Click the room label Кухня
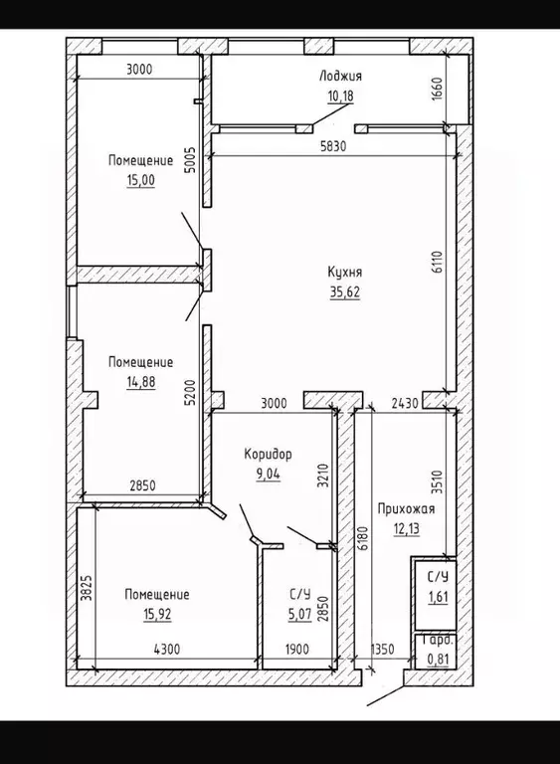[344, 272]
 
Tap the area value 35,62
[344, 292]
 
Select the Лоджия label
[341, 76]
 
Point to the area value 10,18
[340, 95]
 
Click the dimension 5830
[333, 145]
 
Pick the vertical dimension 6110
[437, 262]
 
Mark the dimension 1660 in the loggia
[437, 90]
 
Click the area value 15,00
[141, 180]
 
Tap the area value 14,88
[141, 382]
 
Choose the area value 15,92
[157, 615]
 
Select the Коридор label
[268, 454]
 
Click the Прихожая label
[406, 509]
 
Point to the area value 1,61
[438, 597]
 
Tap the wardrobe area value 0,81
[438, 660]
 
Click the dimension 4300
[167, 649]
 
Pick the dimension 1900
[296, 649]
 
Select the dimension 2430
[405, 404]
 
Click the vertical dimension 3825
[86, 588]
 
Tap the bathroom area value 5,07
[299, 615]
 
